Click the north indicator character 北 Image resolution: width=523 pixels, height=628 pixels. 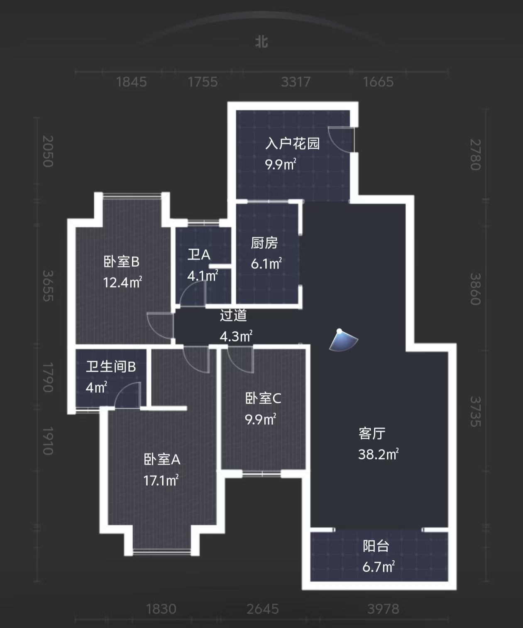point(261,42)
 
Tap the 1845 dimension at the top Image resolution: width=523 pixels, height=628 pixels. point(131,82)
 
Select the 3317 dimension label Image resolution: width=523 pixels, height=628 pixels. point(296,82)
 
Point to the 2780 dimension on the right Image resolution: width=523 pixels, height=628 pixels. point(475,155)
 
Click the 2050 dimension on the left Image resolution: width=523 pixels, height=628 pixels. point(48,151)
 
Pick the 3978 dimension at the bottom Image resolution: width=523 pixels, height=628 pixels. point(383,609)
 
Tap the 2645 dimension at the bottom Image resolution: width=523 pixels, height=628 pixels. point(262,609)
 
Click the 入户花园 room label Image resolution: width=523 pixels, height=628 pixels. point(293,144)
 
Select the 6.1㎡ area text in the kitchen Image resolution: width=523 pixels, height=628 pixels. point(266,264)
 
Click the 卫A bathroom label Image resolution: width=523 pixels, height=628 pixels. point(199,255)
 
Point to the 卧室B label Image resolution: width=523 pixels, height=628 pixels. point(121,262)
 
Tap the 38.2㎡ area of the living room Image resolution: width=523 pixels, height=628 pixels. point(378,454)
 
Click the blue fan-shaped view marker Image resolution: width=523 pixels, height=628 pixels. point(343,341)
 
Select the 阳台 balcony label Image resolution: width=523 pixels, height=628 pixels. point(376,546)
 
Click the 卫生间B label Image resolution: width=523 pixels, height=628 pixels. point(111,367)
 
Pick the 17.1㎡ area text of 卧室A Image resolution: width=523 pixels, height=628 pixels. point(161,481)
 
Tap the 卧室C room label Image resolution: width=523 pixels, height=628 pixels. point(263,398)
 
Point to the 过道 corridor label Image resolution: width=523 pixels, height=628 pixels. point(233,315)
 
